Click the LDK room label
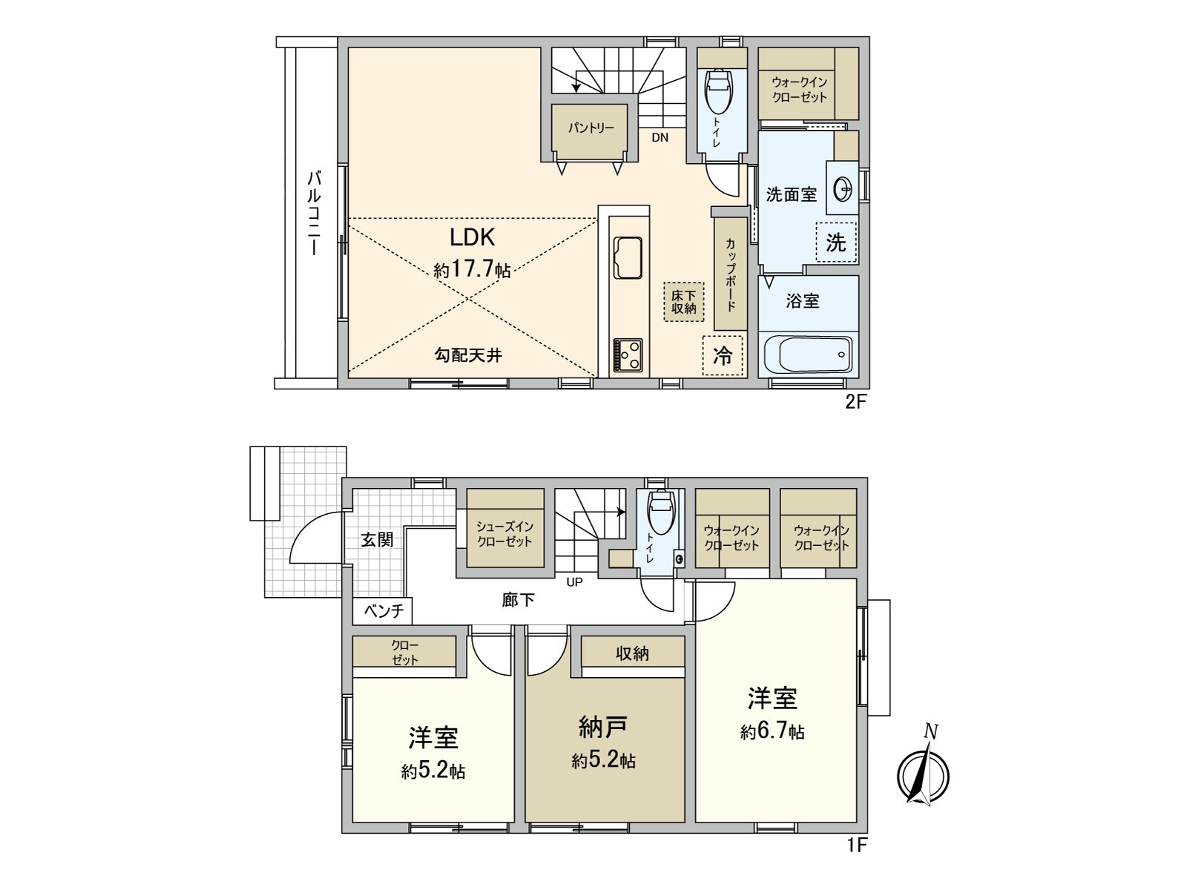click(472, 237)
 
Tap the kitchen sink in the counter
click(628, 258)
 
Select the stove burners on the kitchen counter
click(628, 355)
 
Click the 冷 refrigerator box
click(723, 355)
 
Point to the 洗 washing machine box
click(836, 243)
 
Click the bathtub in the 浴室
click(808, 355)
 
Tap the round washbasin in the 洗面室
click(844, 190)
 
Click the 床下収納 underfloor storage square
click(683, 301)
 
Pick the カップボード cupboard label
click(731, 274)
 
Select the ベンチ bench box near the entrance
click(383, 611)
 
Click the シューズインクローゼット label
click(504, 534)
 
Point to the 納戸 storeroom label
click(602, 728)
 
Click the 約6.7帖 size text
click(772, 732)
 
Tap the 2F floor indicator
click(855, 402)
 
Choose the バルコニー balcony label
click(315, 212)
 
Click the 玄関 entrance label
click(377, 539)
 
